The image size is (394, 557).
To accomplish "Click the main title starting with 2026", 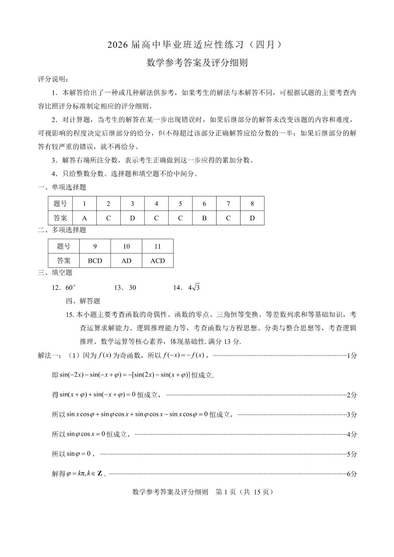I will point(195,45).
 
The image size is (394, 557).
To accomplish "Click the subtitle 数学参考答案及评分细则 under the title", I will point(197,63).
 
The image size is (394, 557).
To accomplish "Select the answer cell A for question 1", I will point(84,218).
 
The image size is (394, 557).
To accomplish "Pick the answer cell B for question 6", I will point(204,218).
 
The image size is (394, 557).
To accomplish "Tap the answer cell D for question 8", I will point(252,218).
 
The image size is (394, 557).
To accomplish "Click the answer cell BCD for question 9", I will point(95,261).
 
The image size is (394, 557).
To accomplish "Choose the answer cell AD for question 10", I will point(126,261).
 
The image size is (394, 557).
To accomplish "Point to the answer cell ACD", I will point(158,261).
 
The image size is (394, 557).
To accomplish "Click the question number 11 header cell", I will point(158,247).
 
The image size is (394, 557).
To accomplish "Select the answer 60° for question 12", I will point(70,288).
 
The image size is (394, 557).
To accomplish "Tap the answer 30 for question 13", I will point(132,288).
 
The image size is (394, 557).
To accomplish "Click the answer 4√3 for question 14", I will point(194,288).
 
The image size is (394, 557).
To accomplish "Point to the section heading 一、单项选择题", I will point(62,187).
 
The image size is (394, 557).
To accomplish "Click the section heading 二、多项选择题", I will point(62,230).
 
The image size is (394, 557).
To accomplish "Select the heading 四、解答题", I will point(83,301).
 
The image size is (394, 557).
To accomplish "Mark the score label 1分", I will point(352,356).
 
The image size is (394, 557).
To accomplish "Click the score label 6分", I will point(352,474).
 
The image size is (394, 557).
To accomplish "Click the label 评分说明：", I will point(53,79).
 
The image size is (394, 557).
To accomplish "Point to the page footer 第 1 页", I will point(227,492).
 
